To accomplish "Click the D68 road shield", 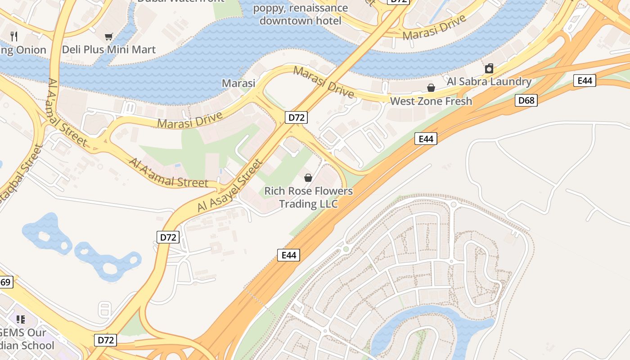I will click(526, 100).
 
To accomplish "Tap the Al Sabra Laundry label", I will click(489, 81).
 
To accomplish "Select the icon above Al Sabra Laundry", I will click(489, 68).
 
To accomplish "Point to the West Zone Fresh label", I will click(431, 101).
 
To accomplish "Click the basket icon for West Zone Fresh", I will click(431, 87).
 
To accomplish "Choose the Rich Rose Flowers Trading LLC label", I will click(308, 197).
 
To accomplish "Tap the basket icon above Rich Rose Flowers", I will click(308, 178).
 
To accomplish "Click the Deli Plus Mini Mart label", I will click(109, 49).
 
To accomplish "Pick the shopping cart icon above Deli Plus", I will click(108, 36).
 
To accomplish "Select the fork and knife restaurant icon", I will click(14, 36).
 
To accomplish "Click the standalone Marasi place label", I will click(238, 83).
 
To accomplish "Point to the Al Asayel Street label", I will click(229, 185).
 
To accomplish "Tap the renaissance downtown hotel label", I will click(300, 14).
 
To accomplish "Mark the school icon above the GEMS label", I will click(20, 319).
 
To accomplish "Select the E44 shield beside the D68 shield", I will click(585, 81).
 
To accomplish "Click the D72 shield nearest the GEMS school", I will click(106, 340).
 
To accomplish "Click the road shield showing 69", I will click(5, 282).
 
